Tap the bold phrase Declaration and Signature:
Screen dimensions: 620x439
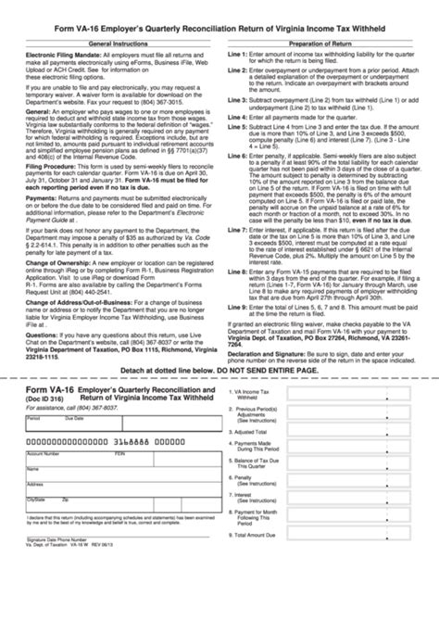[271, 378]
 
